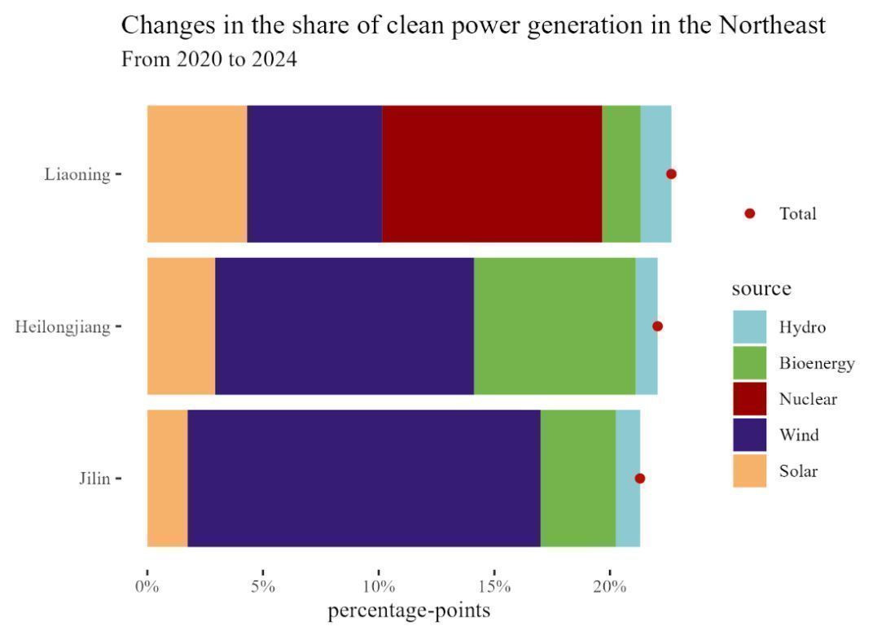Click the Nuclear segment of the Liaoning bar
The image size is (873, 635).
492,173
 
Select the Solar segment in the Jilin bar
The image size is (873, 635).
167,478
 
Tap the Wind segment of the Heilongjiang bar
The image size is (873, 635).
344,326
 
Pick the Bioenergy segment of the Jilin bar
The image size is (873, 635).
577,478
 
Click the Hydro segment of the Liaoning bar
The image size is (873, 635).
656,173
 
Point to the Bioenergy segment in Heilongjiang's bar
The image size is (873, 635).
555,326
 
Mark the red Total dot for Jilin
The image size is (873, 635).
640,478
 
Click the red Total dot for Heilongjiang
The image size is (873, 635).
657,326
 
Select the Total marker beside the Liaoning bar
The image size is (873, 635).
671,173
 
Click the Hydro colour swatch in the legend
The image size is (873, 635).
749,327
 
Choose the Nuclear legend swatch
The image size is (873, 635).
749,399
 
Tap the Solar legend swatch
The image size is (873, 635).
749,471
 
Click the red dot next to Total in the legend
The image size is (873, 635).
750,213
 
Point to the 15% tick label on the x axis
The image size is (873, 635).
494,587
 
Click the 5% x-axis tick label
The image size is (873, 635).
263,587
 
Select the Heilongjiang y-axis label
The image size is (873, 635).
63,326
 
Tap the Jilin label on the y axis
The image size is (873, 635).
94,479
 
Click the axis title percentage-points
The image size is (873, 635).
409,611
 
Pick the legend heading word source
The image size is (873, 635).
761,289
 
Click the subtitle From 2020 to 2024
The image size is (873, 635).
208,59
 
